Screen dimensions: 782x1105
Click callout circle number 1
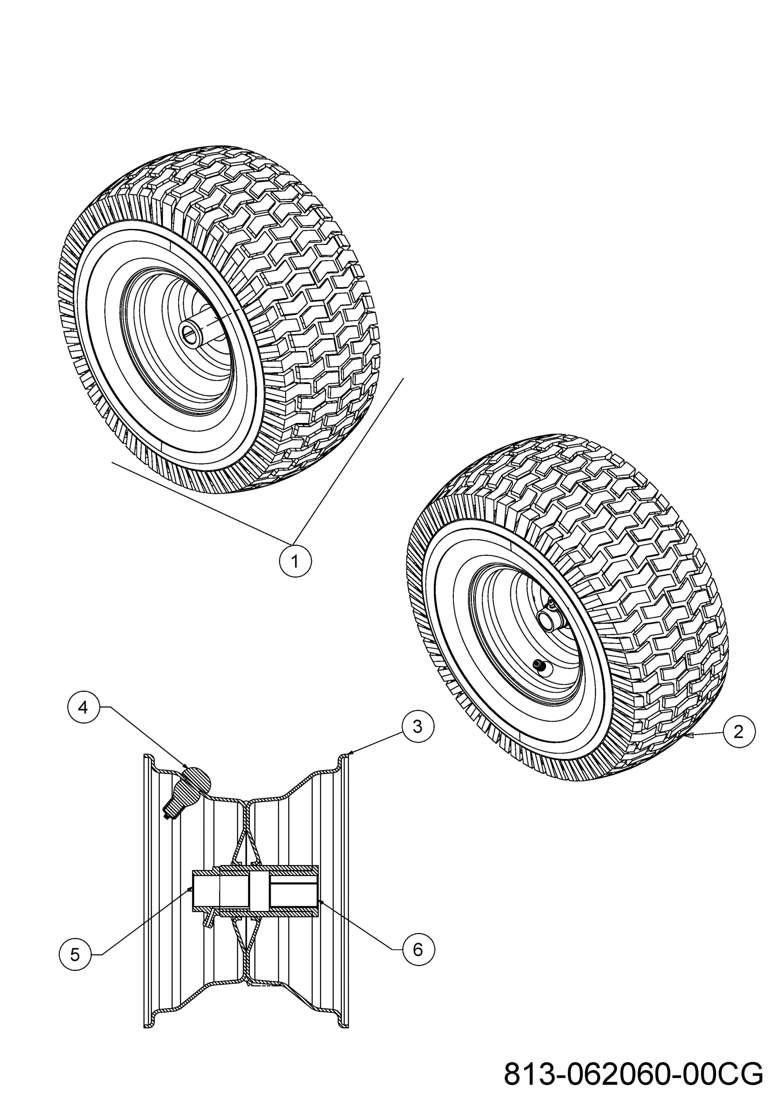(295, 560)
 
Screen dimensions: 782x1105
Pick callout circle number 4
(83, 708)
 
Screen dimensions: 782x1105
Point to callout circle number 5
(75, 955)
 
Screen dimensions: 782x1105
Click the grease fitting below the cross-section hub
(207, 919)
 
